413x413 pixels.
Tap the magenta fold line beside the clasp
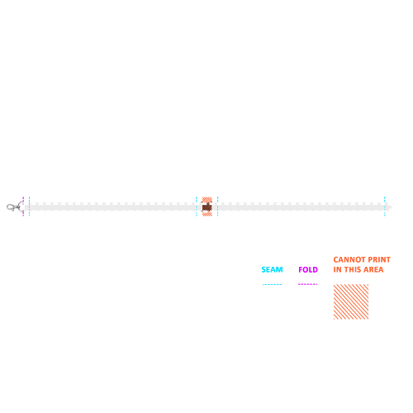23,206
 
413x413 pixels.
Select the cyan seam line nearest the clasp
29,206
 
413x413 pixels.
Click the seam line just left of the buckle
197,206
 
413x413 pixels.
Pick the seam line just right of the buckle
217,206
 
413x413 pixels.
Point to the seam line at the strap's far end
385,206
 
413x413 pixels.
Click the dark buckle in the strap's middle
207,207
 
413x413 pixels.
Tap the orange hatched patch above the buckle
207,200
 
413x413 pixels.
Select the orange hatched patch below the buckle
207,213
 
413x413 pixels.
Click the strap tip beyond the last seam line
388,206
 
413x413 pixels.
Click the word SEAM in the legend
272,269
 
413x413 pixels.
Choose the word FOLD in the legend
308,269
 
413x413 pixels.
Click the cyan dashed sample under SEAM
272,284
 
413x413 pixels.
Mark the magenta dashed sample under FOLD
308,284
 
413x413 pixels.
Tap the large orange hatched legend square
351,301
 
